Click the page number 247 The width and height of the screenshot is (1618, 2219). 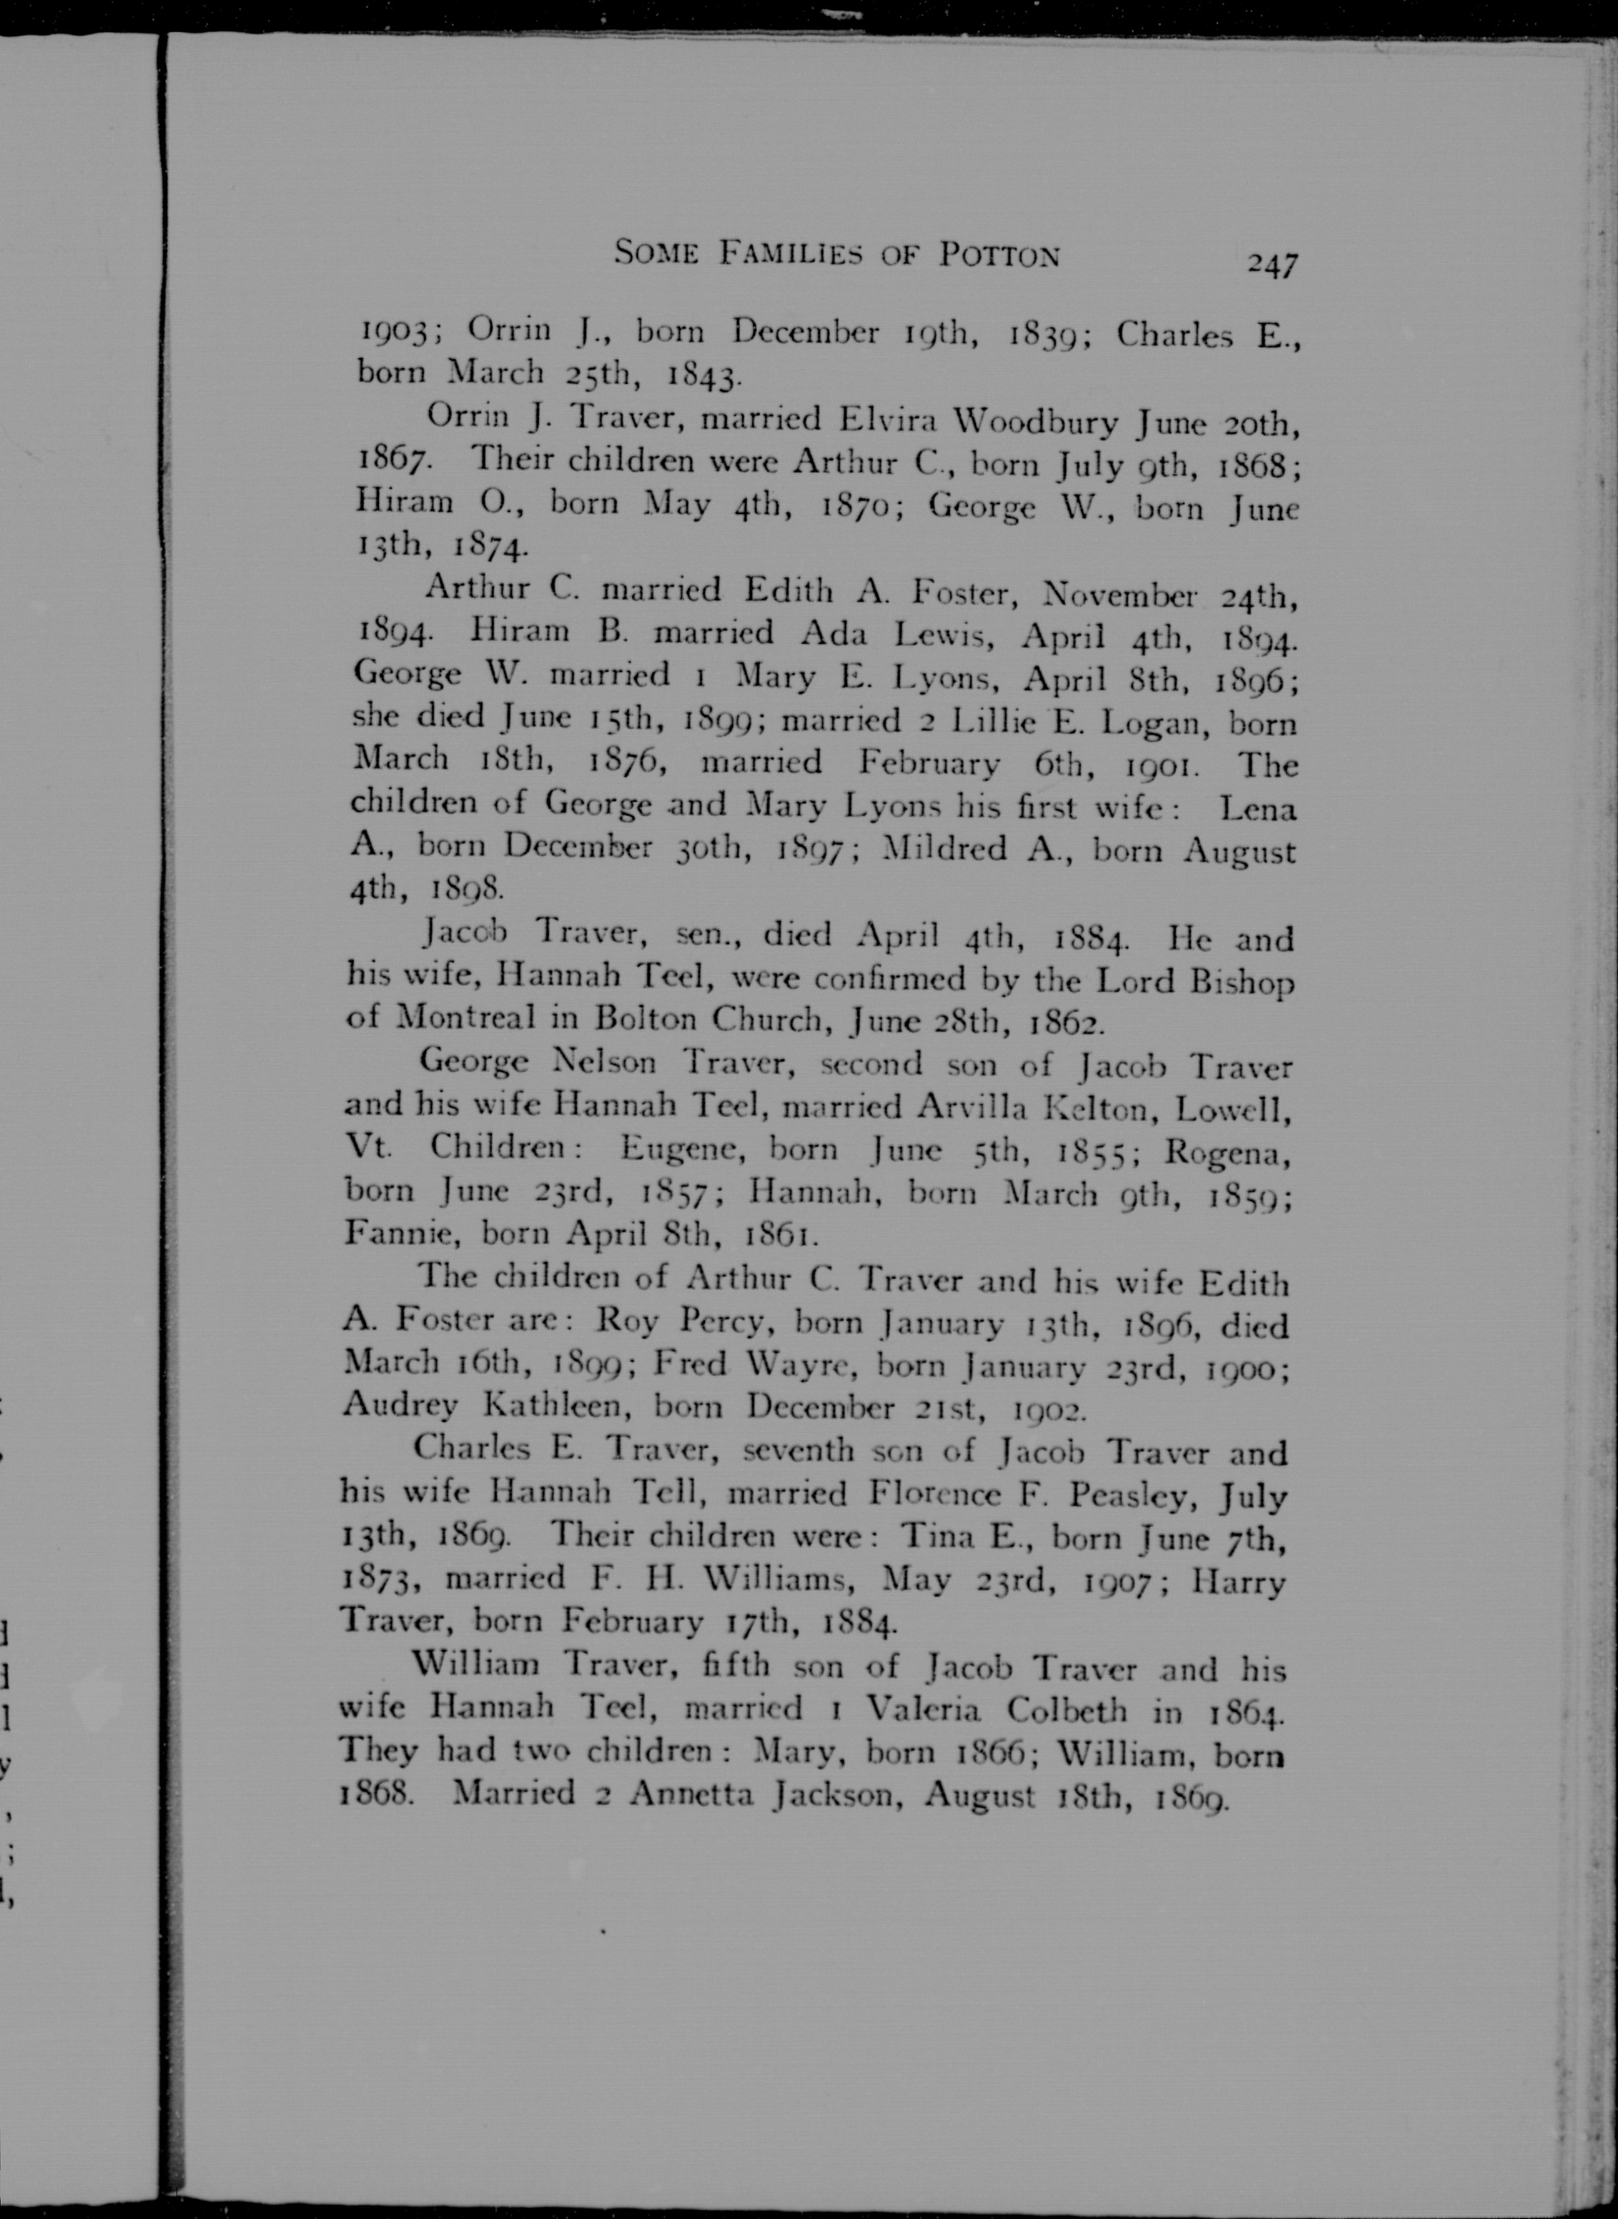pos(1271,264)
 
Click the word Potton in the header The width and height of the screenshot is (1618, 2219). pos(999,256)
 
